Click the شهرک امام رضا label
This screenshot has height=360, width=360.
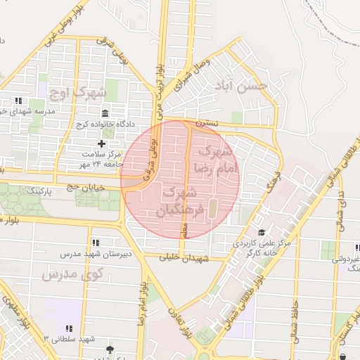tap(219, 160)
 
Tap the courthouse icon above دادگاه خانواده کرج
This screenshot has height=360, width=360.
tap(105, 114)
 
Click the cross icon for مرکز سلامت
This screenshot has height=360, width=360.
tap(101, 143)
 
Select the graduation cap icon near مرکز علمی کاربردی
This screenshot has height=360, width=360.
tap(262, 233)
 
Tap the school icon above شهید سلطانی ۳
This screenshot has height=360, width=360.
tap(69, 328)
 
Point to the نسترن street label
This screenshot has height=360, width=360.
tap(207, 124)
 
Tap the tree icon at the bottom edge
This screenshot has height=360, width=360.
tap(108, 349)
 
